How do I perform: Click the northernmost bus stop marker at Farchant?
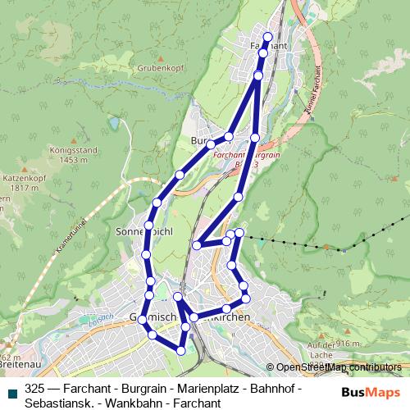[x=267, y=37]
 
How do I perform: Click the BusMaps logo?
[x=371, y=392]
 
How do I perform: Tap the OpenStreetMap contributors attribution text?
[x=339, y=367]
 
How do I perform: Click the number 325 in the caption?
[x=35, y=388]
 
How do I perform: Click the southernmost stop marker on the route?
[x=181, y=351]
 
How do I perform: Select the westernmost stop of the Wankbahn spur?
[x=198, y=244]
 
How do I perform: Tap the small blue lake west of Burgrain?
[x=113, y=125]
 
